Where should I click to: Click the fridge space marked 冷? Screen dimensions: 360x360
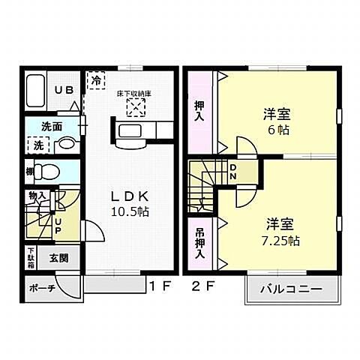(x=96, y=79)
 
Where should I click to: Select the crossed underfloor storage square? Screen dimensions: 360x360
(x=136, y=108)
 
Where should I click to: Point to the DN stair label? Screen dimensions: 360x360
(x=233, y=172)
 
